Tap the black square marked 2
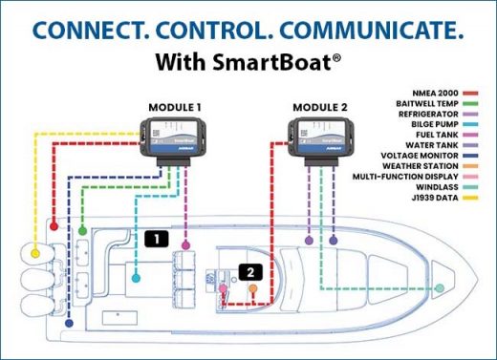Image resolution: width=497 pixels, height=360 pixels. [250, 271]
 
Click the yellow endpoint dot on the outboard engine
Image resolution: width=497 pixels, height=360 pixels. [36, 255]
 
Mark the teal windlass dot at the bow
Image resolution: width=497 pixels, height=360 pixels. [441, 287]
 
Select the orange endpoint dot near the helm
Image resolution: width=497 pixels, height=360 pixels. [267, 286]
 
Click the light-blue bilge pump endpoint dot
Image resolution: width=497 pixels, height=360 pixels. [139, 280]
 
